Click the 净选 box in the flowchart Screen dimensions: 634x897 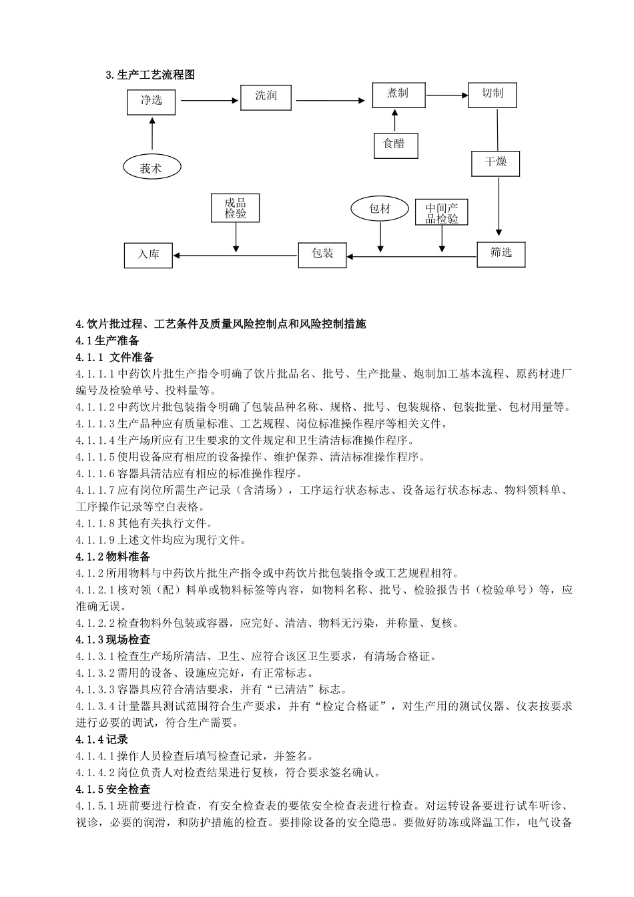coord(151,101)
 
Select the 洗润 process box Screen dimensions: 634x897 coord(266,96)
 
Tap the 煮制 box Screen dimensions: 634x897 coord(398,94)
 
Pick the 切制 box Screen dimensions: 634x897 coord(493,94)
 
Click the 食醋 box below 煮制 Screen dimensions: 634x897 coord(395,145)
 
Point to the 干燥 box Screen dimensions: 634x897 coord(496,163)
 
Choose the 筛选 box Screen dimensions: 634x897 coord(501,254)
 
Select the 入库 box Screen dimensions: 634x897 coord(148,255)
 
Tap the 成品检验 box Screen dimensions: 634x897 coord(235,208)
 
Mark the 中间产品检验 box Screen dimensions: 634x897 coord(442,213)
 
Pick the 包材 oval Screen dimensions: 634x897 coord(380,209)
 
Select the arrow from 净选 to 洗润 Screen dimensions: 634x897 coord(210,101)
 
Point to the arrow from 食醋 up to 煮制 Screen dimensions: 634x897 coord(395,120)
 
